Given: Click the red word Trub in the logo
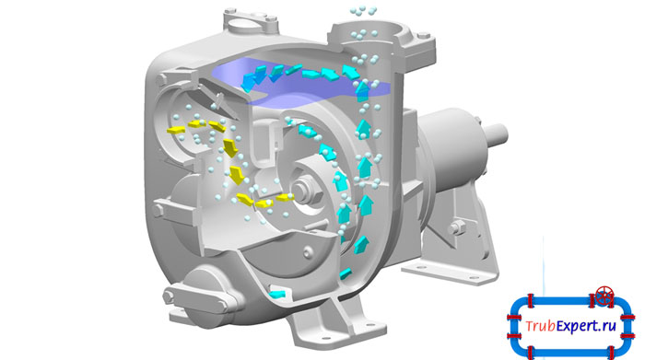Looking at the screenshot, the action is point(541,326).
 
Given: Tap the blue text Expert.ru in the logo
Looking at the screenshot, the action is point(587,326).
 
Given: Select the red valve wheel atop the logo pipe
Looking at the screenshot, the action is point(604,296).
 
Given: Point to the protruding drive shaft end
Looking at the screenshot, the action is point(496,134).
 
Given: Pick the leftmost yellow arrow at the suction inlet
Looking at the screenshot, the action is point(176,131).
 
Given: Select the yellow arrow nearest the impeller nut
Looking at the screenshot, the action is point(285,198).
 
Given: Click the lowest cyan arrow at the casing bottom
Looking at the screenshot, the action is point(276,294).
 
